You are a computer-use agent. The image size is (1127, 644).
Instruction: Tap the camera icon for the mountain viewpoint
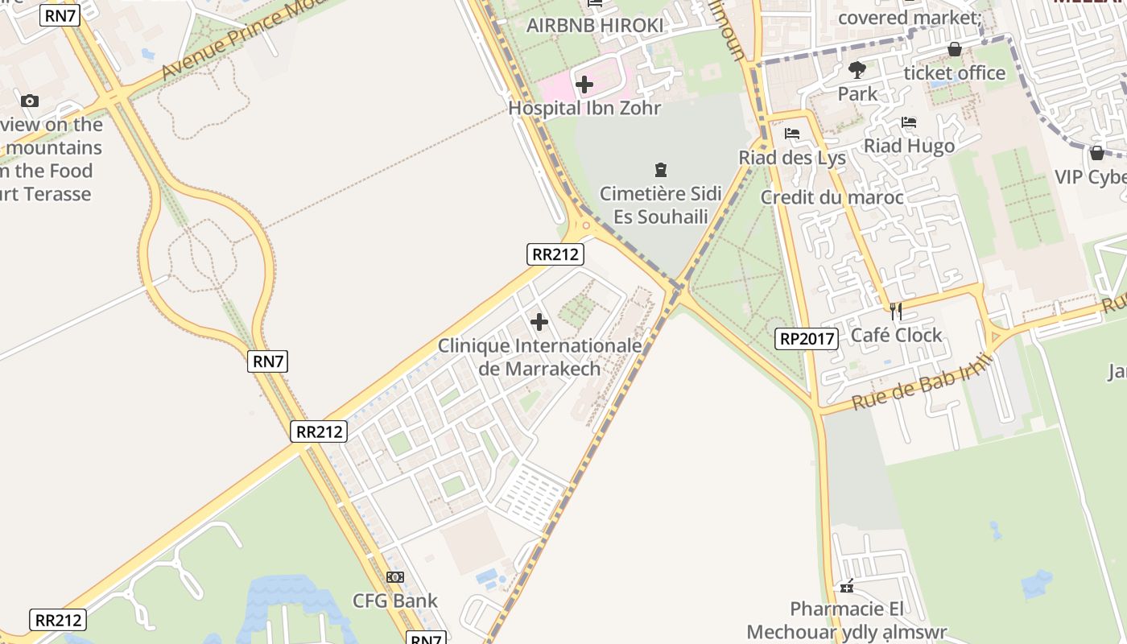(30, 101)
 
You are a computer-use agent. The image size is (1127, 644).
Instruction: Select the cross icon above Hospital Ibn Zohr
(584, 84)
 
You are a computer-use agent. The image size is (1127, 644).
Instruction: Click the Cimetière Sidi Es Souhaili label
(661, 205)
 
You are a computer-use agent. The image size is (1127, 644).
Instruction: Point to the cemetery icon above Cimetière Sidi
(661, 170)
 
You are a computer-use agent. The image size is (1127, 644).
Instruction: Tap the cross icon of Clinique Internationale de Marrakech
(539, 323)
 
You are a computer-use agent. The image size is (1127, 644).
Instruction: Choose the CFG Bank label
(395, 601)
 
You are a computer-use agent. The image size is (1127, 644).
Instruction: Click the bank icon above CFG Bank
(395, 577)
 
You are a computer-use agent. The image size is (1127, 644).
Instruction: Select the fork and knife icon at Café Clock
(895, 311)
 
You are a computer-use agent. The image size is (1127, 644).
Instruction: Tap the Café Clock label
(896, 335)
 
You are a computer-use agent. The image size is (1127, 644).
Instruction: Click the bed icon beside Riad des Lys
(792, 134)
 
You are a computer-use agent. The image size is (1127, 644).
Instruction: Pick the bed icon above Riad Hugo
(909, 122)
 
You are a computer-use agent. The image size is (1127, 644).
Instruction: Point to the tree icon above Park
(857, 70)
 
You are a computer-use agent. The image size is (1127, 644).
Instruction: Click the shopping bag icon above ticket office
(955, 49)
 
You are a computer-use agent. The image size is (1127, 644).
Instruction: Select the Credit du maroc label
(832, 197)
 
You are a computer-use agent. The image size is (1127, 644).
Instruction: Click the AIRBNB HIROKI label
(595, 26)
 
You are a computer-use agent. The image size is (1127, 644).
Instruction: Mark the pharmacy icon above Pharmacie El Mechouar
(846, 586)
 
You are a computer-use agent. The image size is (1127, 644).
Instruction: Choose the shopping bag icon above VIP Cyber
(1096, 153)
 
